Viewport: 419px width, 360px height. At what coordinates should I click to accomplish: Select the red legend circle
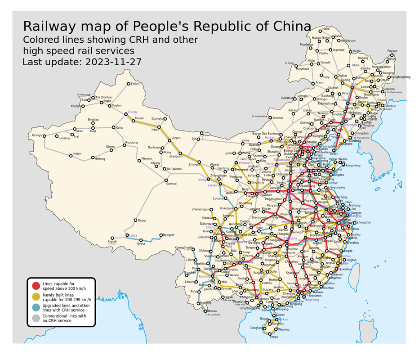coord(36,286)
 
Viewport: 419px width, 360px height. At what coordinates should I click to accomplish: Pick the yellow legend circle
coord(36,297)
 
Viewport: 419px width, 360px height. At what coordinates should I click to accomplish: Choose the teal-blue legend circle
coord(36,308)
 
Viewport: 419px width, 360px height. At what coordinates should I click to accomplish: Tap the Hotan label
coord(77,153)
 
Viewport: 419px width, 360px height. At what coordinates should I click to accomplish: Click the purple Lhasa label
coord(133,235)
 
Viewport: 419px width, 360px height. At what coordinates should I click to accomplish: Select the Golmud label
coord(171,184)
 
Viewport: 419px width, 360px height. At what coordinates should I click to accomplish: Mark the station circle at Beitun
coord(128,84)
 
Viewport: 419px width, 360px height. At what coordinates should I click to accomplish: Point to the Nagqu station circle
coord(135,220)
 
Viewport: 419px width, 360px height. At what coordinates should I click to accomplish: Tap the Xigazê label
coord(112,242)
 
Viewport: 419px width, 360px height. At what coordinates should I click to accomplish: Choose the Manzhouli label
coord(303,69)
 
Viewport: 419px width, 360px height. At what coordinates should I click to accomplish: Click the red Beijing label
coord(292,147)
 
